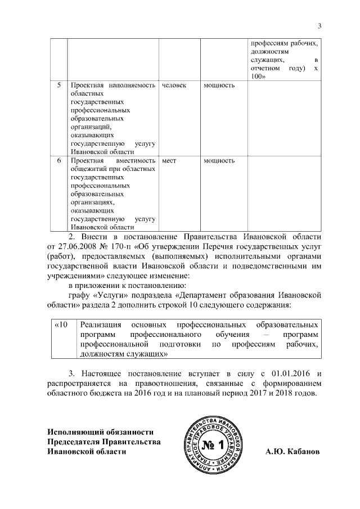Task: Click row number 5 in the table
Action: (59, 85)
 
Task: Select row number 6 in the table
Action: (59, 161)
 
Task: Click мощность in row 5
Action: (219, 85)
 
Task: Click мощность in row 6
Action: (219, 161)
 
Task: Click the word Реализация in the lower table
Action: (101, 325)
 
